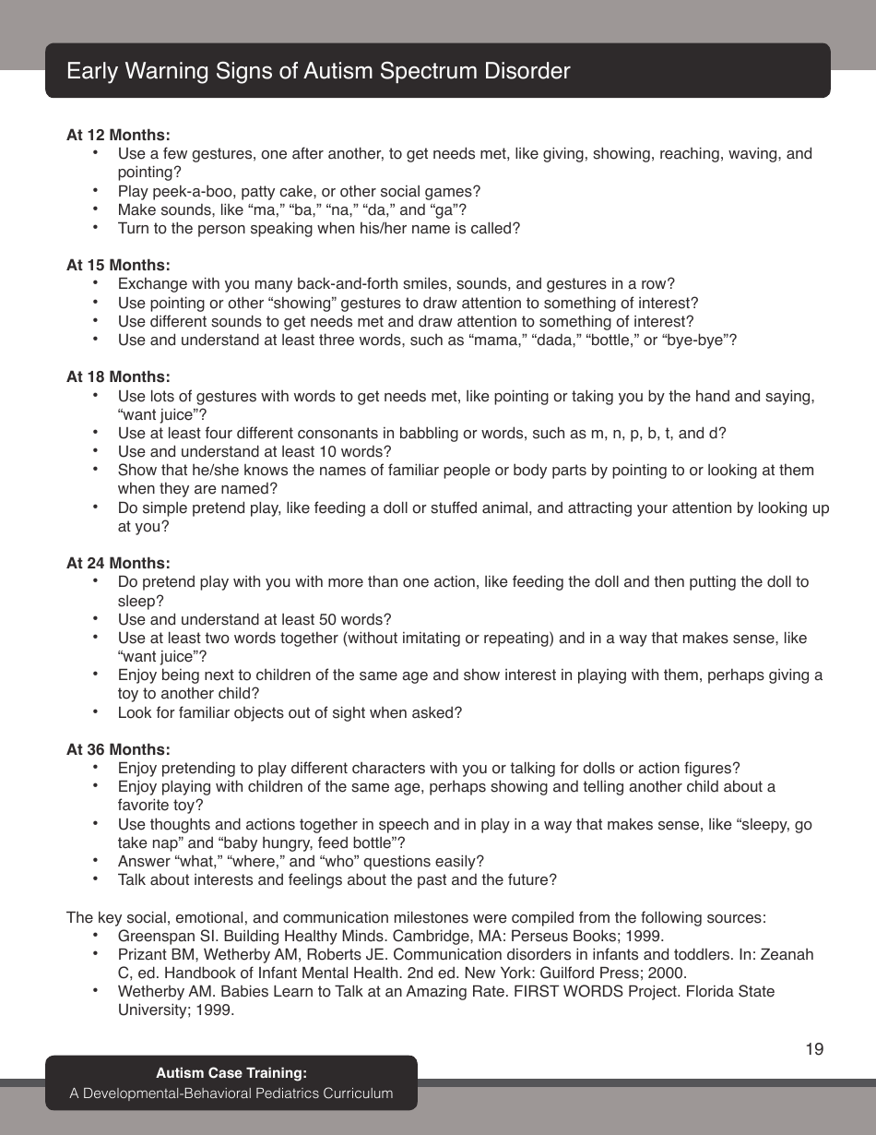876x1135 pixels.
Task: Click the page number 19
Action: [x=814, y=1049]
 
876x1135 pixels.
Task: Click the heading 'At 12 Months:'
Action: [x=118, y=135]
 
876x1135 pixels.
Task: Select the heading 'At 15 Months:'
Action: [x=118, y=266]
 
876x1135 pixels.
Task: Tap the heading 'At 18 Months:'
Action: [x=118, y=377]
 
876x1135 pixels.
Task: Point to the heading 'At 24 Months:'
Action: [x=118, y=563]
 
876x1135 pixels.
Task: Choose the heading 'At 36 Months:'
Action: [x=118, y=749]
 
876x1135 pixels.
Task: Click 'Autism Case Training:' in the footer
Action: [x=231, y=1073]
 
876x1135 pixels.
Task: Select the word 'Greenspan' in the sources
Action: [x=153, y=936]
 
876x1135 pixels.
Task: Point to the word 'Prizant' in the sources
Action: [x=142, y=954]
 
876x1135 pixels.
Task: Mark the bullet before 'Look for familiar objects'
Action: [x=96, y=711]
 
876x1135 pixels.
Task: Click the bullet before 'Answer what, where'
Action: [x=96, y=860]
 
